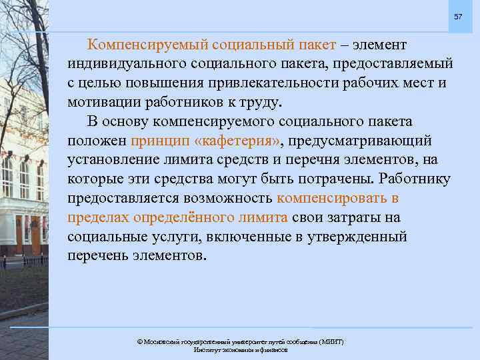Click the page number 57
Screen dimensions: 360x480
coord(457,16)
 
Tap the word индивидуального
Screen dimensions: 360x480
coord(126,64)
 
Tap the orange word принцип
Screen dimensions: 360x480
coord(160,141)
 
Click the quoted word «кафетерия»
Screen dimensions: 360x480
coord(238,141)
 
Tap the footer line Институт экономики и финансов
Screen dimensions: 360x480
coord(240,349)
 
